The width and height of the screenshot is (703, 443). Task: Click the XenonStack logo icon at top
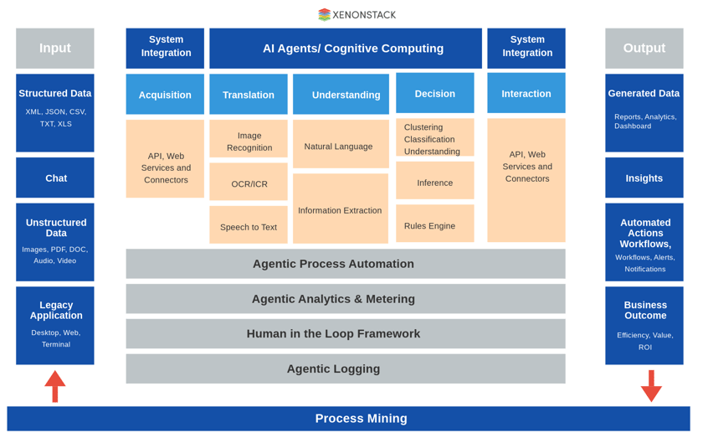tap(324, 14)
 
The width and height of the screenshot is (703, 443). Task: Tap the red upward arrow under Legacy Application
tap(55, 386)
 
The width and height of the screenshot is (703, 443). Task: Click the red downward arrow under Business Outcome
tap(651, 386)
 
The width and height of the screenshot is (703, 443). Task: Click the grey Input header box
tap(55, 49)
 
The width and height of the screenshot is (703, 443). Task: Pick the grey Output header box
tap(644, 49)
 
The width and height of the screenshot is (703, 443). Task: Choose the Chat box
tap(55, 178)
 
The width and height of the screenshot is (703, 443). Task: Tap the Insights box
tap(644, 178)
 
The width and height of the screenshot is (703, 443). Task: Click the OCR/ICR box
tap(249, 183)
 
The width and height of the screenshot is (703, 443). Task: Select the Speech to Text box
tap(249, 226)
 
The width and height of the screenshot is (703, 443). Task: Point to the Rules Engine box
tap(434, 224)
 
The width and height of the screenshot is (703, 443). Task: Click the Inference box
tap(434, 182)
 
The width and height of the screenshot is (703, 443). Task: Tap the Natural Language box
tap(340, 146)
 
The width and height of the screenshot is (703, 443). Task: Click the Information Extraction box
tap(340, 209)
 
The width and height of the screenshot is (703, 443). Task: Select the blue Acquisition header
tap(165, 95)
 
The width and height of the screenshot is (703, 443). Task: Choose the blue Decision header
tap(434, 94)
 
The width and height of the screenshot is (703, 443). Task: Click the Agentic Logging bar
tap(345, 368)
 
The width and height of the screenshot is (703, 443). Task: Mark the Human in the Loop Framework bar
tap(345, 333)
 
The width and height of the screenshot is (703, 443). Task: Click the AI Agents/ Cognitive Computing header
tap(345, 49)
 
